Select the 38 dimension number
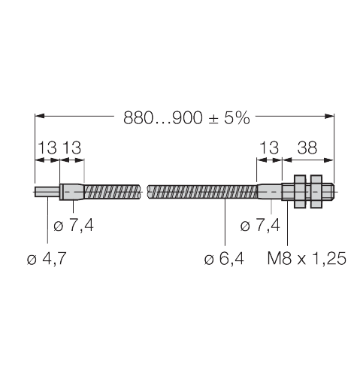click(x=307, y=148)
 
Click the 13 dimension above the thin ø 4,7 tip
click(x=47, y=148)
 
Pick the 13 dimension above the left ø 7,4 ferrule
click(x=72, y=148)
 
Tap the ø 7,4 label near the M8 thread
click(x=260, y=224)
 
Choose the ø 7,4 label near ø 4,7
click(x=74, y=224)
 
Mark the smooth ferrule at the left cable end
click(x=72, y=192)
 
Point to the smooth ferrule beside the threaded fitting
click(x=270, y=192)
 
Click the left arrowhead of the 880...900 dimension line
click(x=40, y=117)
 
